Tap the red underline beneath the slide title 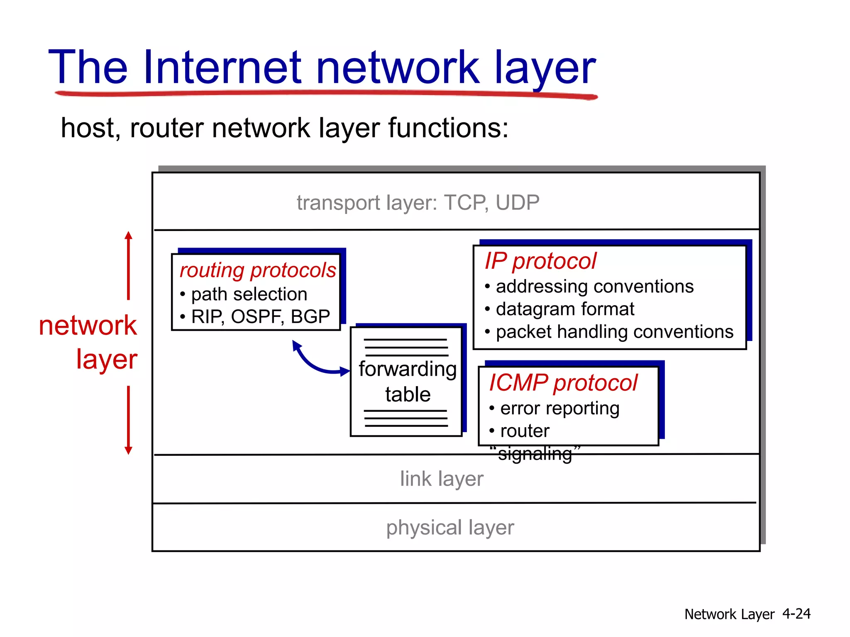(326, 94)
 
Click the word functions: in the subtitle (448, 128)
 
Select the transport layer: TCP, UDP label (418, 203)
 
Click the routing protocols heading (257, 270)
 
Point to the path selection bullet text (249, 294)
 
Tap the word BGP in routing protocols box (310, 317)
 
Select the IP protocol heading (540, 261)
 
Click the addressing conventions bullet (594, 287)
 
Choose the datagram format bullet (565, 309)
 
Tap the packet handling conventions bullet (614, 332)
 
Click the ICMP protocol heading (563, 383)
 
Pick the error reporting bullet (559, 408)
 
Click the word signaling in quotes (535, 454)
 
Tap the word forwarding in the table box (408, 369)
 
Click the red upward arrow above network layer (129, 265)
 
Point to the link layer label (442, 479)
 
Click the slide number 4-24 (796, 614)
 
